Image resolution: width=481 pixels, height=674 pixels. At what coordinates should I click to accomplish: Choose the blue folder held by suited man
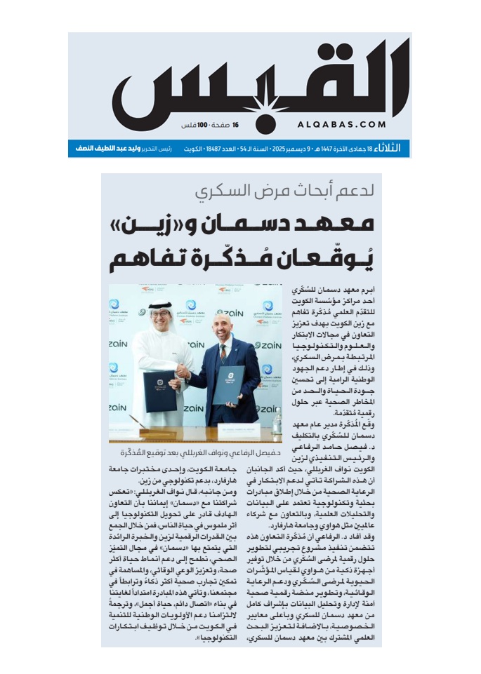(228, 384)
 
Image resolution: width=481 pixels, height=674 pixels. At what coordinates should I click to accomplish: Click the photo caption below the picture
(195, 452)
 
